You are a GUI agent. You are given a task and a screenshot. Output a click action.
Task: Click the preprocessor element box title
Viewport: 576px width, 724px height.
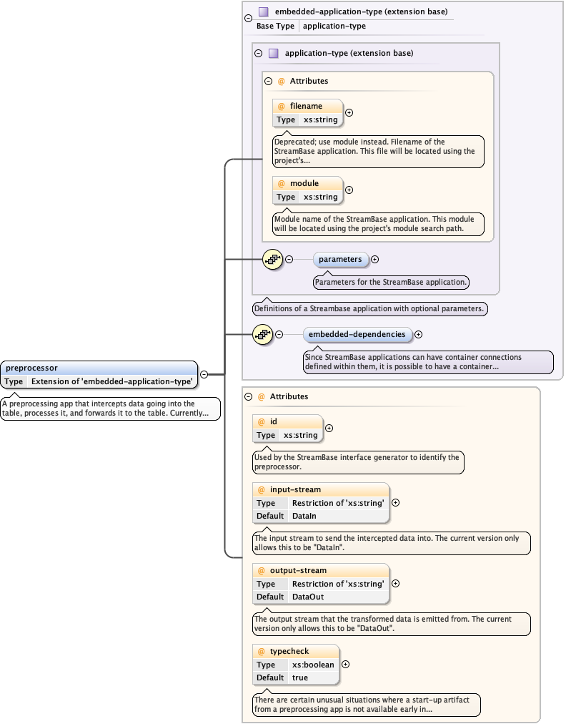[32, 368]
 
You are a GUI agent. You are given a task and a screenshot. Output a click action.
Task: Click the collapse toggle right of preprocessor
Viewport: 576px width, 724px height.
[204, 374]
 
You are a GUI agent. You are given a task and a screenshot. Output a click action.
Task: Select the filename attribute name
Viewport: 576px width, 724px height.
[306, 106]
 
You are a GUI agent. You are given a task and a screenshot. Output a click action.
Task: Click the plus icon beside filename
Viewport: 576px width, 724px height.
[349, 112]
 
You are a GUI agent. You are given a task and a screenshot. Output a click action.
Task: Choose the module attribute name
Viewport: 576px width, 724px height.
[304, 183]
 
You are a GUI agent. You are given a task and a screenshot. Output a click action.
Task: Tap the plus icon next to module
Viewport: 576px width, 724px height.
[349, 190]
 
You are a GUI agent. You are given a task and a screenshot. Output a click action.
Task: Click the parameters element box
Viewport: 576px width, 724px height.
[340, 259]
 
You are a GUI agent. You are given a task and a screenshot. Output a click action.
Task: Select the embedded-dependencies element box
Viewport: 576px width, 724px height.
[357, 334]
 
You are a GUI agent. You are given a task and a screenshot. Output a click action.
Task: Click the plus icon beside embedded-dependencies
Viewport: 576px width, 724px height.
[419, 334]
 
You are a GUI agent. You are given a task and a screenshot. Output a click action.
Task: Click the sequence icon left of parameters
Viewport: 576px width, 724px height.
[272, 259]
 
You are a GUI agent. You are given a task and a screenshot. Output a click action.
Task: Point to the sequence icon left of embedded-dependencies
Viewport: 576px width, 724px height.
[262, 334]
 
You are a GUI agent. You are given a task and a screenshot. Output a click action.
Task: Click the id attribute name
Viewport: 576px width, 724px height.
[274, 422]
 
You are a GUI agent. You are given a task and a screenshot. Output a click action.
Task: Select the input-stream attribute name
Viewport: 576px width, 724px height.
[295, 489]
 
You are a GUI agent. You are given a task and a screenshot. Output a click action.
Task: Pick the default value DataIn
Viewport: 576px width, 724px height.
[304, 516]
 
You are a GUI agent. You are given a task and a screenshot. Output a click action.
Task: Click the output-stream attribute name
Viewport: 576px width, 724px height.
[298, 570]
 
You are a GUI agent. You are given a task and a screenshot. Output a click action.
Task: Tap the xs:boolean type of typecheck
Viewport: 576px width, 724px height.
[313, 665]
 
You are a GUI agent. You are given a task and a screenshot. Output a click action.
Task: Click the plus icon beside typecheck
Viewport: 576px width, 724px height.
[346, 664]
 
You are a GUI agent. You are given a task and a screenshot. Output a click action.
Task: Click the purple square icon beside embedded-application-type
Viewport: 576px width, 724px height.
[264, 12]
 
